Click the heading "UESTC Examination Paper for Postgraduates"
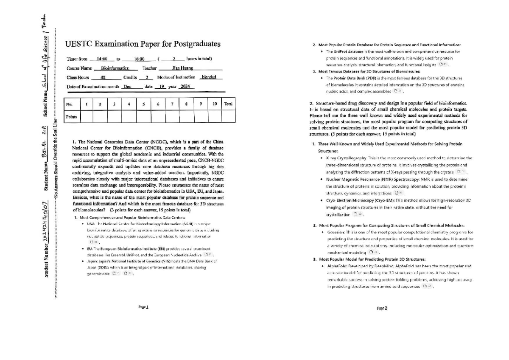(143, 44)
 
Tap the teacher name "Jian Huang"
(182, 68)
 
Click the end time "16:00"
(140, 59)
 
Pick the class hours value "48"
(103, 78)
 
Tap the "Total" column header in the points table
(228, 104)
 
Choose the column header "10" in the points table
(215, 104)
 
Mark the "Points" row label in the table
(71, 116)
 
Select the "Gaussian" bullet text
(336, 233)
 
